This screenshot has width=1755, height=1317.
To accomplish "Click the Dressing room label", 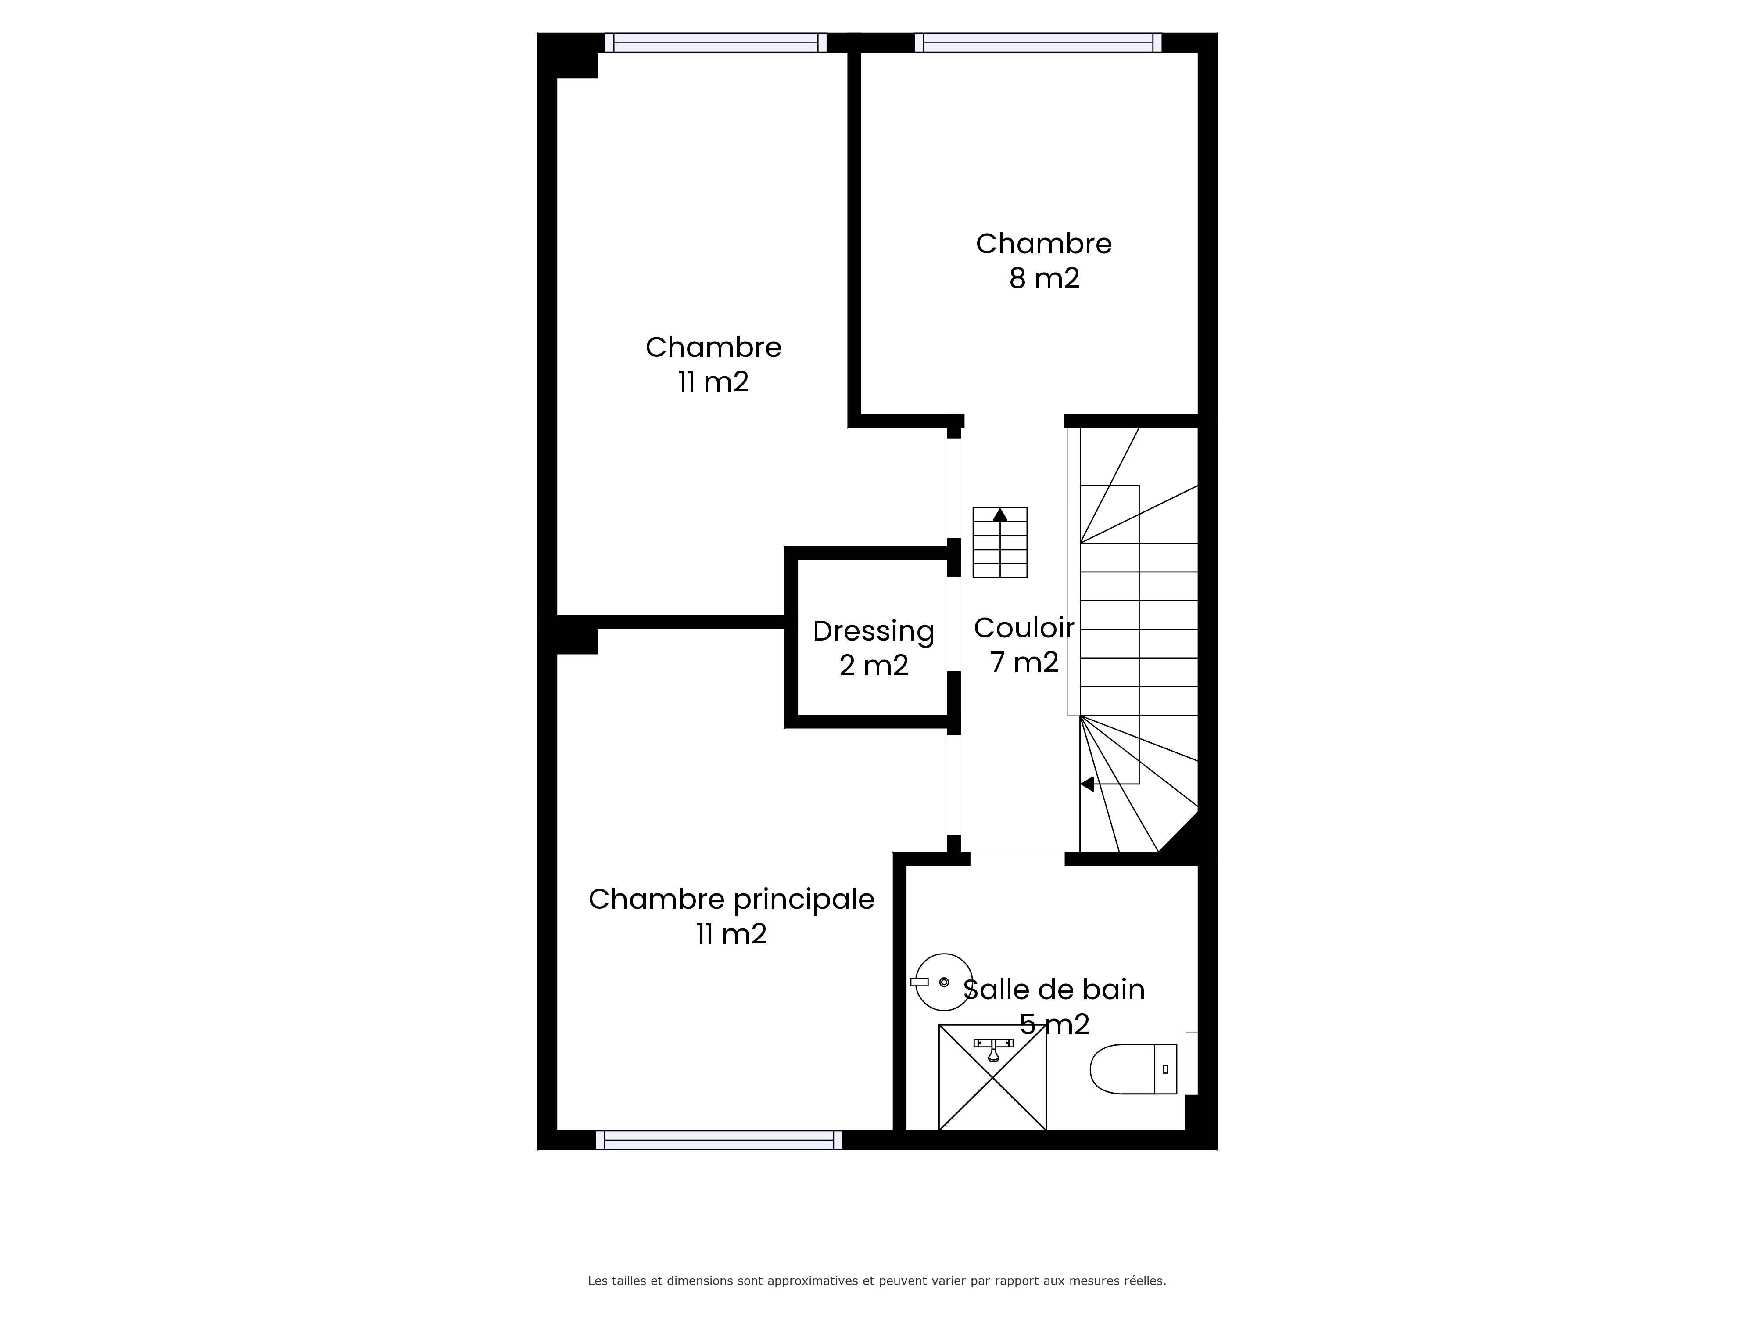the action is coord(874,631).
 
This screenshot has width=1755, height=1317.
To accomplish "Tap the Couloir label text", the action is coord(1024,627).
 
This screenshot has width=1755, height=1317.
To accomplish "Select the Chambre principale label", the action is coord(731,900).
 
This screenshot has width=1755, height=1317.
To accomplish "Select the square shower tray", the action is coord(992,1077).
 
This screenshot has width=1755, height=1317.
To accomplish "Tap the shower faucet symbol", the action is coord(993,1048).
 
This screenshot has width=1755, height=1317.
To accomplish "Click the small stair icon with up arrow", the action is coord(999,542).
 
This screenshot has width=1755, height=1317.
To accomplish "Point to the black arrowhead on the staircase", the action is coord(1087,784).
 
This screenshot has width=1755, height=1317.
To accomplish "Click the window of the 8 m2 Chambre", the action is coord(1038,43).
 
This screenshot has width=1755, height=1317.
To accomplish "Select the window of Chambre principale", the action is coord(719,1140).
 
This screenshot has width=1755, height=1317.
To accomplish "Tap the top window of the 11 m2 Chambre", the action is coord(716,43).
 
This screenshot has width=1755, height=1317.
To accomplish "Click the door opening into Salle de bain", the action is coord(1017,858).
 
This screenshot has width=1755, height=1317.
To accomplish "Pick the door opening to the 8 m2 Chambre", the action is coord(1014,421).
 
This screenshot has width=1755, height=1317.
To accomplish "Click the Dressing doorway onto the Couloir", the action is coord(954,624).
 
